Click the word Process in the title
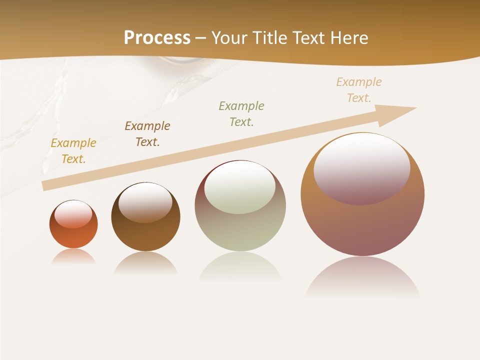coord(157,37)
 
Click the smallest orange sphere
coord(73,235)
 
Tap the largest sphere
coord(362,225)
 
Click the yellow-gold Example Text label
coord(73,151)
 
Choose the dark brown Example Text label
coord(147,133)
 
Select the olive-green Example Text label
coord(241,113)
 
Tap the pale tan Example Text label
coord(359,89)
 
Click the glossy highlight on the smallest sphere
coord(73,214)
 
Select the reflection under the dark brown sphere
coord(145,262)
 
